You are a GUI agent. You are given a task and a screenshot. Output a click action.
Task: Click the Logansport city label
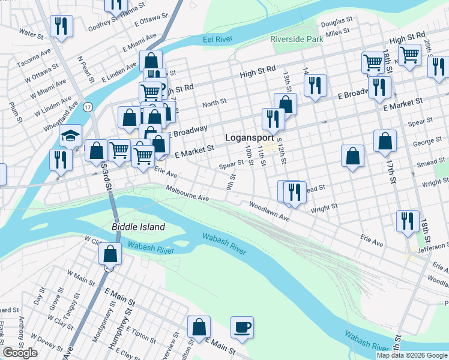click(249, 137)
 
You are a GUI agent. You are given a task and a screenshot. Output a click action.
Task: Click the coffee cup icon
click(243, 328)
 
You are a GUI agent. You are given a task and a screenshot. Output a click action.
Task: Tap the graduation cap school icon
click(70, 136)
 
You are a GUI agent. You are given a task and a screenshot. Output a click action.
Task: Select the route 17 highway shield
click(88, 107)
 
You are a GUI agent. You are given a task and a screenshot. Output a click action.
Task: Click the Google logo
click(20, 353)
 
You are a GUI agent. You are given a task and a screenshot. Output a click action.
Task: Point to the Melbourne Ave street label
click(187, 194)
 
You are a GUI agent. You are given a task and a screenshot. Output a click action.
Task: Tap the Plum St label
click(14, 113)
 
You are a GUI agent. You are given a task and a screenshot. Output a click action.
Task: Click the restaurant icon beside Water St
click(61, 26)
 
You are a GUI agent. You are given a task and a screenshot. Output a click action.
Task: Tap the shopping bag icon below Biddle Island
click(111, 253)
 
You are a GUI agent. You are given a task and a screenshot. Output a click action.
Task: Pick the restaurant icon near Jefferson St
click(408, 220)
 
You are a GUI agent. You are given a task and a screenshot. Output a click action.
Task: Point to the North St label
click(214, 103)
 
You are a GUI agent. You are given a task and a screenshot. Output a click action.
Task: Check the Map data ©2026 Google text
click(411, 355)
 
